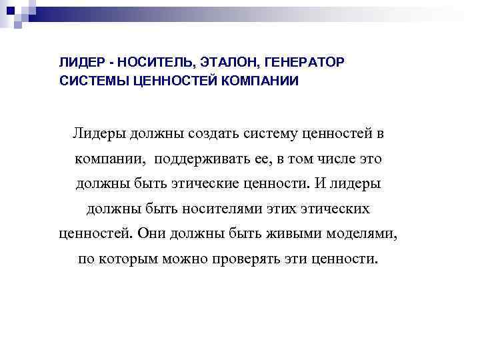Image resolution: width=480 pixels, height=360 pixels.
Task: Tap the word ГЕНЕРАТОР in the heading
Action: click(x=304, y=63)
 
